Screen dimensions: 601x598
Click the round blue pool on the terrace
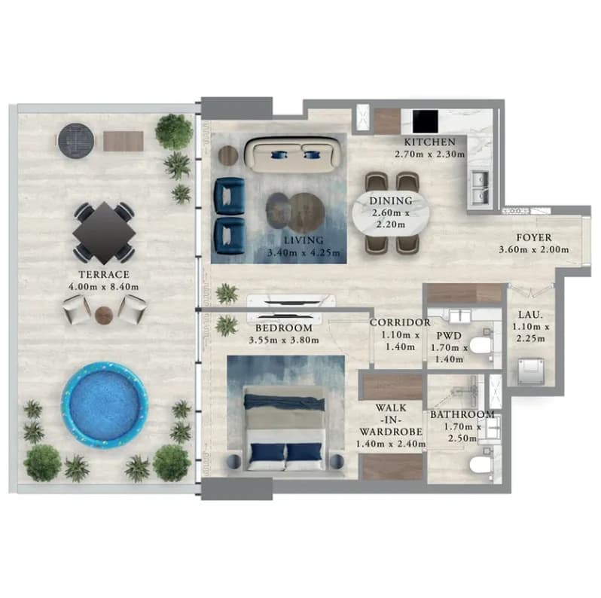pos(105,404)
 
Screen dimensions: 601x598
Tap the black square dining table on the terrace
pos(104,233)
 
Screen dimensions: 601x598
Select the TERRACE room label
pos(104,274)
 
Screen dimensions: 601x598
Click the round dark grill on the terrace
pos(76,139)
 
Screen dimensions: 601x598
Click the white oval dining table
pos(391,213)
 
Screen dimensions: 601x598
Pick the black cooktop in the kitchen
pos(426,121)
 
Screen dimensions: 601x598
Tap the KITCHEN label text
pos(430,142)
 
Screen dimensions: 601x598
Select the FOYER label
pos(534,238)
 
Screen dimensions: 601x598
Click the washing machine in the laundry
pos(531,371)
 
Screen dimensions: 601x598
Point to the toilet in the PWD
pos(481,346)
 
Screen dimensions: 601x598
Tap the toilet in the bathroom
pos(481,465)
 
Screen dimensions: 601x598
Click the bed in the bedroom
pos(285,428)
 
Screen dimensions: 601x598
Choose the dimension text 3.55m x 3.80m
pos(284,340)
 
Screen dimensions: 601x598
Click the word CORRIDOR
pos(400,323)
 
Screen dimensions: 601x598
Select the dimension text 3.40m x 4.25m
pos(304,253)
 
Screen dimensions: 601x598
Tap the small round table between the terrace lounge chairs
pos(103,315)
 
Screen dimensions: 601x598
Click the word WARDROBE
pos(391,432)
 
